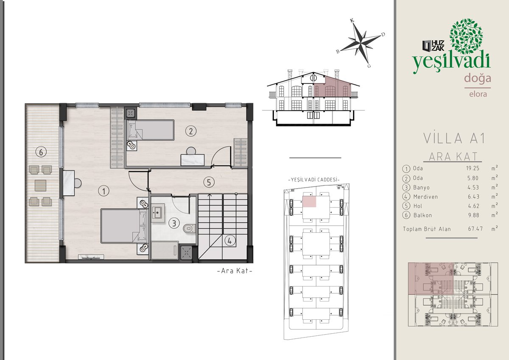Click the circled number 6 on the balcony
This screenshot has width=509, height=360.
tap(41, 152)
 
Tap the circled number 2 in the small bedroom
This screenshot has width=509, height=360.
tap(190, 131)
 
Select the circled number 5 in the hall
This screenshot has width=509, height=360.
tap(209, 182)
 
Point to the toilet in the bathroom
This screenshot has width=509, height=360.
tap(189, 229)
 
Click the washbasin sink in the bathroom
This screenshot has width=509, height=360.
tap(157, 213)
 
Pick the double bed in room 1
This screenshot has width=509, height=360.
tap(124, 226)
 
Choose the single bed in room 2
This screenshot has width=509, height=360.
tap(151, 130)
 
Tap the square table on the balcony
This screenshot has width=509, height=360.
tap(41, 186)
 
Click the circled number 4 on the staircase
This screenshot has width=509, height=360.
tap(230, 240)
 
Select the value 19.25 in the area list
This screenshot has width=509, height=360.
tap(473, 168)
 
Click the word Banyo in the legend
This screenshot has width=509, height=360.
tap(422, 187)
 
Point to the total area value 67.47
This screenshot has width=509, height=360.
tap(475, 229)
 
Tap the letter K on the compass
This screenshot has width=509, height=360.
tap(352, 20)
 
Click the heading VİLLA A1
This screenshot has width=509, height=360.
tap(454, 138)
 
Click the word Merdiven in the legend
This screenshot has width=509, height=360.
tap(425, 197)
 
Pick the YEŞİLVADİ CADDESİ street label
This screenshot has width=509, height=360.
tap(314, 180)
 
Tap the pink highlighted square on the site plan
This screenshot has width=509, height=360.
tap(309, 202)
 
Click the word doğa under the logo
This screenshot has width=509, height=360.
tap(478, 78)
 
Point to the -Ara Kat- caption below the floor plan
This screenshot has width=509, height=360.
tap(235, 271)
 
